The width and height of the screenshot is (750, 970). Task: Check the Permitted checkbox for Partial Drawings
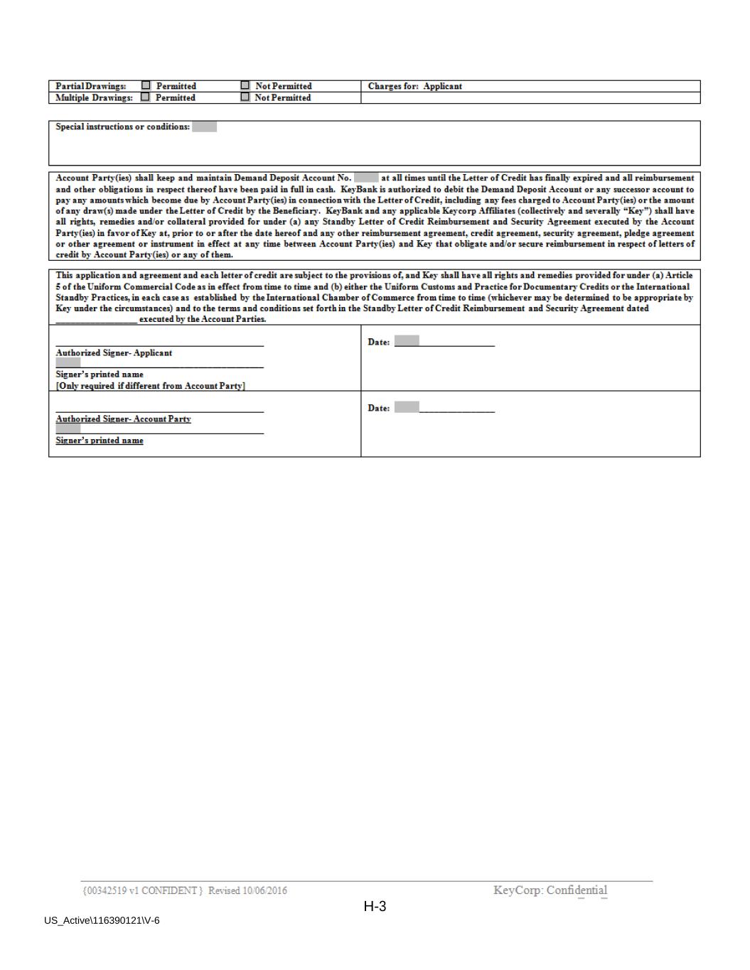pos(146,86)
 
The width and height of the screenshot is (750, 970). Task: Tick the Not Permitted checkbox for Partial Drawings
pos(245,86)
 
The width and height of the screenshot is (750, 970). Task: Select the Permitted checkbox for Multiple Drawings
pos(146,97)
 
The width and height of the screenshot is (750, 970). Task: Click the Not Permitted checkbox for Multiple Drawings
pos(245,97)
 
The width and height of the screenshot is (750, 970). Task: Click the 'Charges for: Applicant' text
pos(414,86)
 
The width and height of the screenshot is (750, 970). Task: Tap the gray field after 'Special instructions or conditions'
pos(204,126)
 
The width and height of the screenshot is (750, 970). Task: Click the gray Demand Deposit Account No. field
pos(366,178)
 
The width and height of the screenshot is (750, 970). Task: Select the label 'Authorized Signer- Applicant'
pos(114,353)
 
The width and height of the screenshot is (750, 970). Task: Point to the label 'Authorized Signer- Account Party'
pos(123,419)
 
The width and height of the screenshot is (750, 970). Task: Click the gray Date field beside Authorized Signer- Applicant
pos(407,342)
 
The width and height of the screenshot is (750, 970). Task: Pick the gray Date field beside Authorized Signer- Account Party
pos(407,408)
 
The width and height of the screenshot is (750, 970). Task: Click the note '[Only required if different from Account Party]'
pos(151,386)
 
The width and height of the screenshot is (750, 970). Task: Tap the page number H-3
pos(375,906)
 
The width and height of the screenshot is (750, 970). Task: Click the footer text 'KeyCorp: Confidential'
pos(550,890)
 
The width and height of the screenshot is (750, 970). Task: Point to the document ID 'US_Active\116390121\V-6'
pos(102,921)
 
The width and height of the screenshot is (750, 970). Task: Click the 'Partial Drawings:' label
pos(91,86)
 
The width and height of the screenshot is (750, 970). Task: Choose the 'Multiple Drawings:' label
pos(94,97)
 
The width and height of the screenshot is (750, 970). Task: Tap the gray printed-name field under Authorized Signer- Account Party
pos(68,429)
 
